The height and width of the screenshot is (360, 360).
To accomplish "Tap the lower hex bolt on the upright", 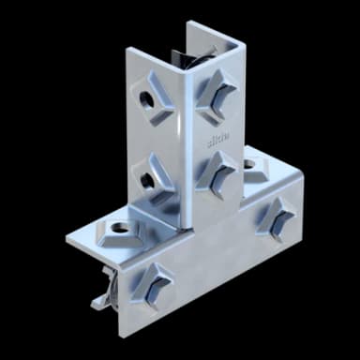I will coord(218,171).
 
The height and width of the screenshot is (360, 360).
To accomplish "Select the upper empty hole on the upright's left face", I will coord(151,99).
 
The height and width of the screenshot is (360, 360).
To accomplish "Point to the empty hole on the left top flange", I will coord(118,227).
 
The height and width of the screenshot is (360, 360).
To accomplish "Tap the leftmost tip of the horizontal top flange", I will coord(67,235).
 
